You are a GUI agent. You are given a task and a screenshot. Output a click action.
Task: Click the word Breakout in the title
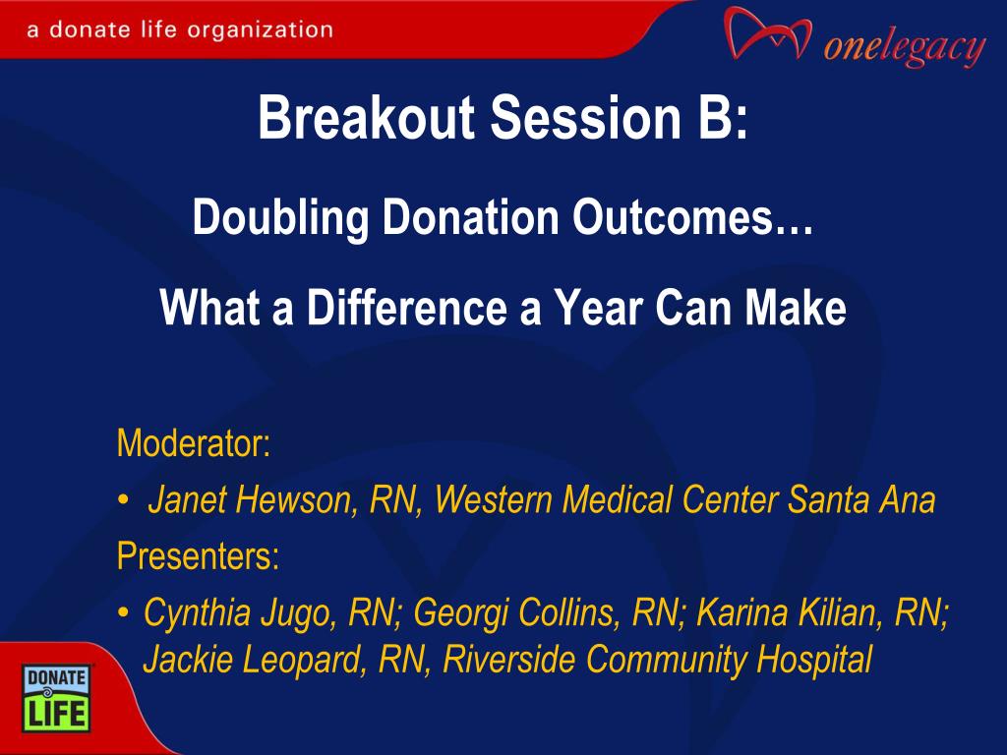click(x=367, y=118)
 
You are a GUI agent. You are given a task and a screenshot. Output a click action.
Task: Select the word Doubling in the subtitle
click(x=280, y=218)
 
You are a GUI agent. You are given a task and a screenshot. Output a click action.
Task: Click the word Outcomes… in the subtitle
click(x=693, y=217)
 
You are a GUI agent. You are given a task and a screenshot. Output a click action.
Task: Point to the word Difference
click(x=407, y=308)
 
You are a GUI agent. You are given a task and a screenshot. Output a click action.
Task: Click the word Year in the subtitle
click(x=599, y=308)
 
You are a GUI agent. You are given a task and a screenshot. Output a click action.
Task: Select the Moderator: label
click(x=194, y=443)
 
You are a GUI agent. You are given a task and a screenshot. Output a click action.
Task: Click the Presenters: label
click(x=199, y=555)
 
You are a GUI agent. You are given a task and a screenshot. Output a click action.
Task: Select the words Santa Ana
click(x=861, y=499)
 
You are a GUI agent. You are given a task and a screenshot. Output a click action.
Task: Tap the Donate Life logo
click(x=56, y=699)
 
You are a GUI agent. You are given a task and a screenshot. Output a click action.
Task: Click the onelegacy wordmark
click(x=905, y=47)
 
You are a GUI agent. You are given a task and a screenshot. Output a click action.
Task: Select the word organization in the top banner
click(x=260, y=30)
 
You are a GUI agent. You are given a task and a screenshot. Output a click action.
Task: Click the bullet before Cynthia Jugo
click(x=123, y=611)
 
